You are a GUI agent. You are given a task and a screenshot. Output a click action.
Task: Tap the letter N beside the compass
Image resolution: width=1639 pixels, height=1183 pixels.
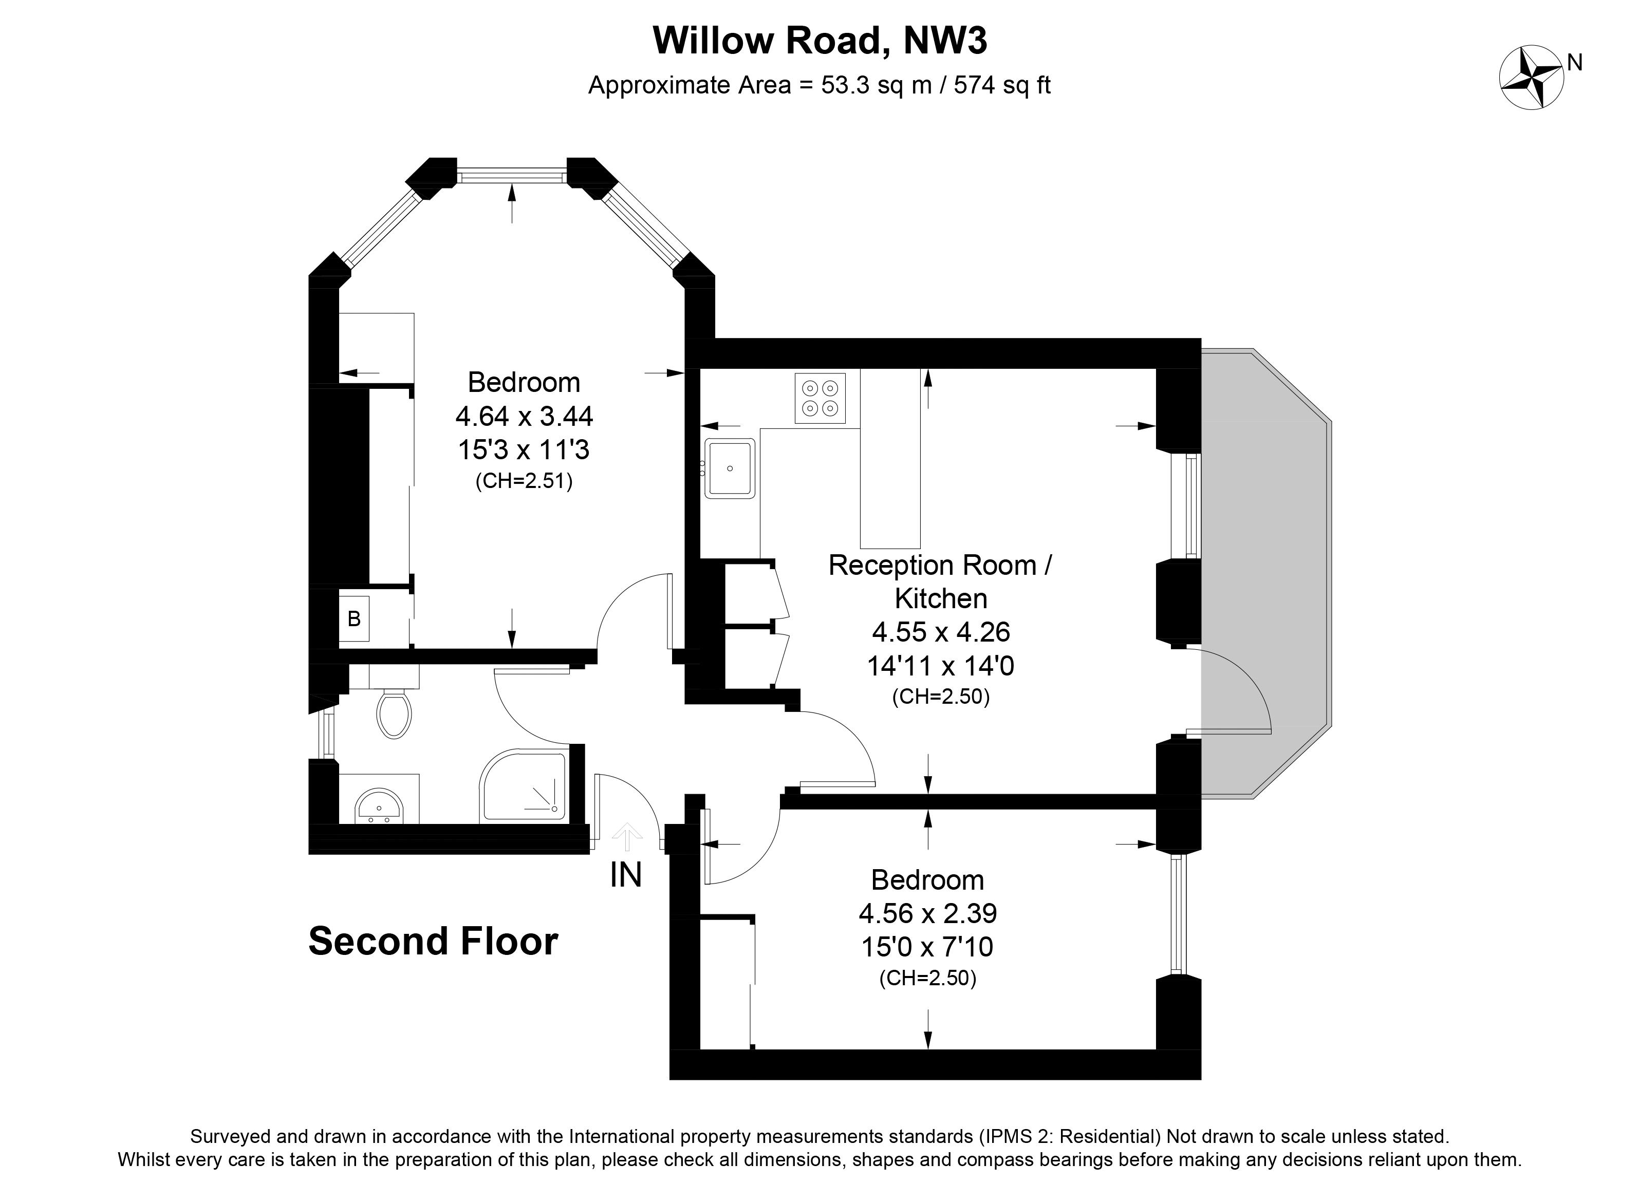[1575, 64]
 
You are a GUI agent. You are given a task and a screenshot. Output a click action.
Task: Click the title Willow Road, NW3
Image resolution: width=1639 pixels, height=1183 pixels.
[819, 41]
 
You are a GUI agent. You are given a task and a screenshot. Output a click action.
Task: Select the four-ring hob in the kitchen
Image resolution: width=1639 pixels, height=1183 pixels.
[820, 398]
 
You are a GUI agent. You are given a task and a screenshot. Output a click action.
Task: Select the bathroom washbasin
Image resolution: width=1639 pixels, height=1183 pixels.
[379, 805]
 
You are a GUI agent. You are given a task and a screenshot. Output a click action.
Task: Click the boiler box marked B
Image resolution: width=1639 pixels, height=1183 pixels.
[354, 618]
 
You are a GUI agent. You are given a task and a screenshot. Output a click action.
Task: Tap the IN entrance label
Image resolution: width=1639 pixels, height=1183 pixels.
[626, 876]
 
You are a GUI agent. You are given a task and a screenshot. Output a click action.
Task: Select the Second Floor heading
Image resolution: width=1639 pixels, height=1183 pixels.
[434, 942]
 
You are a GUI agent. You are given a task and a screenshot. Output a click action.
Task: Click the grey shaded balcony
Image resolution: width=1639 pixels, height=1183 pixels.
[1264, 574]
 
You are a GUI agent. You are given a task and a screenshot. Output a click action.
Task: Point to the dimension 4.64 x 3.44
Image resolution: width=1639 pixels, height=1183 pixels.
[525, 416]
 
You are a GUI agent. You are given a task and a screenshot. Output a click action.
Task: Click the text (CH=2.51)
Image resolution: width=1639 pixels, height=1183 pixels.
[524, 481]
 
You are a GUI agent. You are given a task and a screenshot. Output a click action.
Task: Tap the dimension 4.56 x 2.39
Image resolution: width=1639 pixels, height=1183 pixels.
[928, 913]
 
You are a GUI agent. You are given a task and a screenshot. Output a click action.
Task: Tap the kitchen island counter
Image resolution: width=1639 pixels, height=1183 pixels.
[889, 458]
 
